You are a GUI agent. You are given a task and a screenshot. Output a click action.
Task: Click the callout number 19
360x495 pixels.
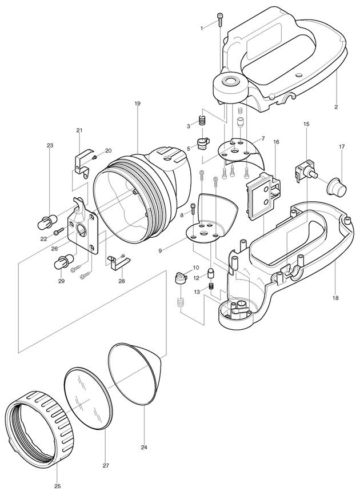137,103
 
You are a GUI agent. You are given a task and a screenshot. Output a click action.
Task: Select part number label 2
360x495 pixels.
336,107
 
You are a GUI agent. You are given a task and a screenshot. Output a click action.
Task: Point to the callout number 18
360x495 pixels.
335,297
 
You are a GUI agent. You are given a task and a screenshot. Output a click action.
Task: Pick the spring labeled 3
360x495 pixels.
202,121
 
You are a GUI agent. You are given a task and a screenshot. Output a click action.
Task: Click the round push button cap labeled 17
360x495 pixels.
338,186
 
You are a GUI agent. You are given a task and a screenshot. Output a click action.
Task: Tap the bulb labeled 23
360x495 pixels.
47,221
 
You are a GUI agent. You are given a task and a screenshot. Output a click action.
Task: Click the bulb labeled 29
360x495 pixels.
65,261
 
